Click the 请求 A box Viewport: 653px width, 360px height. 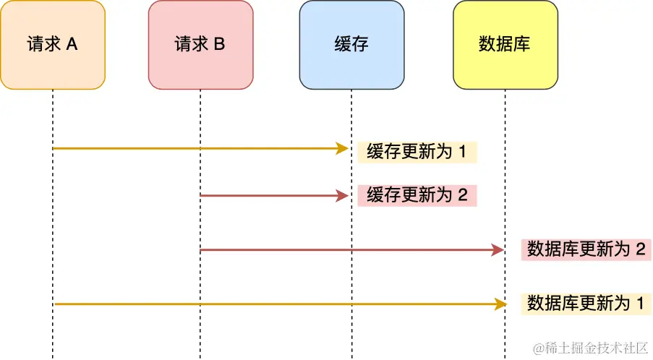pos(53,45)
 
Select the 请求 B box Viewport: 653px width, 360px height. pos(200,45)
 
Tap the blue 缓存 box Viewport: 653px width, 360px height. pos(351,45)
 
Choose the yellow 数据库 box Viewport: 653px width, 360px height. pos(505,45)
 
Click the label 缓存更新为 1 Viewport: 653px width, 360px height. pos(417,153)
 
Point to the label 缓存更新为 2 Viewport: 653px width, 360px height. pos(417,195)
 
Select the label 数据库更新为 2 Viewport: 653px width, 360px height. pos(586,249)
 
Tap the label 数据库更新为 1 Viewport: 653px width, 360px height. pos(586,304)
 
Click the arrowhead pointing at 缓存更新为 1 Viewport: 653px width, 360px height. pos(343,149)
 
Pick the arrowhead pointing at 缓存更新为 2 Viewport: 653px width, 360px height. pos(343,195)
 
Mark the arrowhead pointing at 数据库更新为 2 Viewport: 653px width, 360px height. pos(497,249)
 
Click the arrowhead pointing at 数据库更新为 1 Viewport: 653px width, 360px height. pos(497,304)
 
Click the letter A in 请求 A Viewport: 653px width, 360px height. pos(72,45)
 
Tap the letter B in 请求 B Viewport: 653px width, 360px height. pos(219,45)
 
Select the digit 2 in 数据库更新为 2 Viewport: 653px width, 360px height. pos(639,249)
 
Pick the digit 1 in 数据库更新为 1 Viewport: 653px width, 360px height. pos(639,304)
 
